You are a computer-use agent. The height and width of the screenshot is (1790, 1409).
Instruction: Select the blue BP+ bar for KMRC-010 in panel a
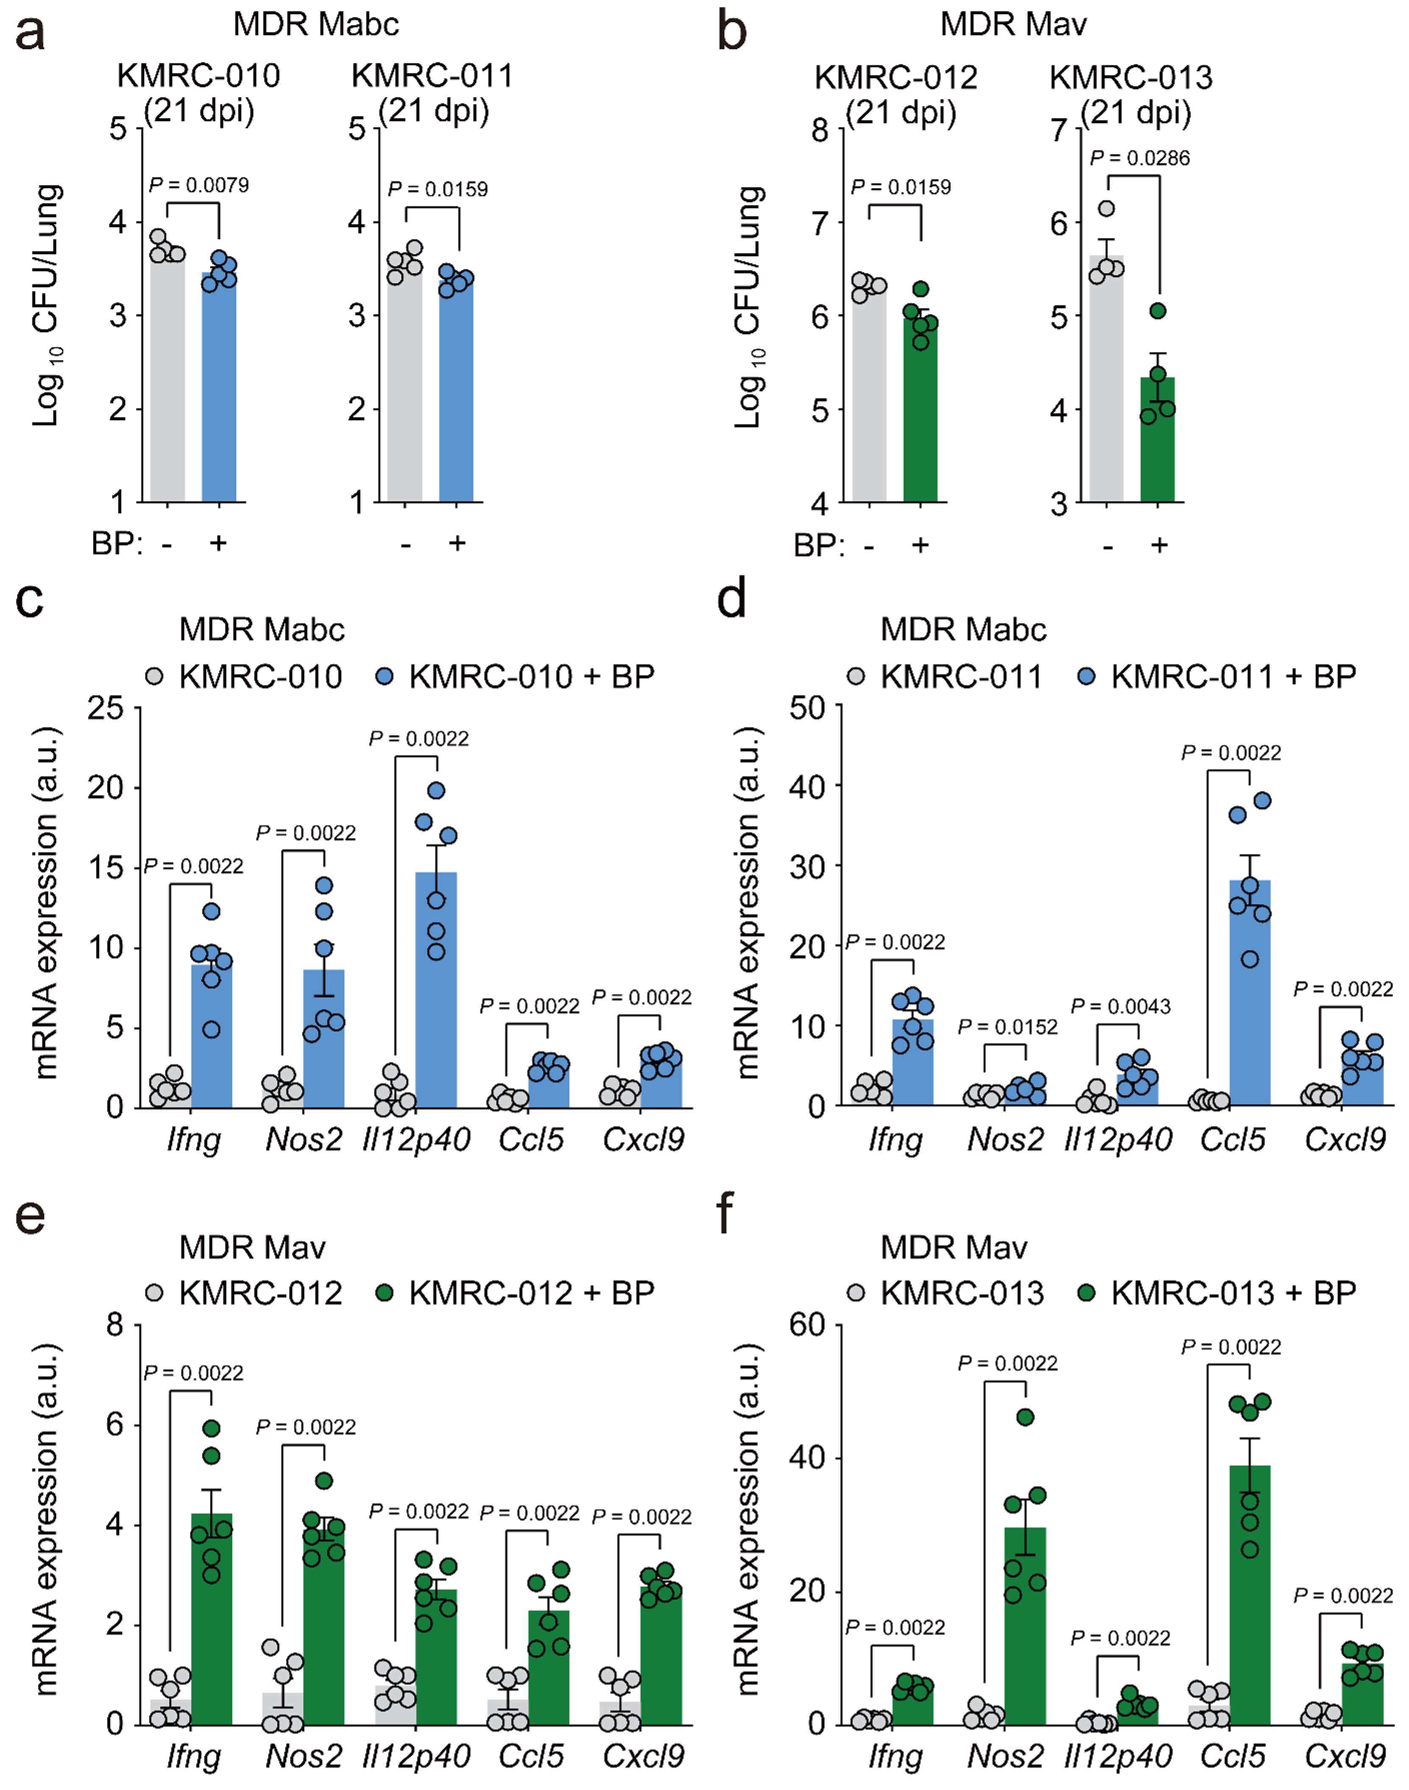219,386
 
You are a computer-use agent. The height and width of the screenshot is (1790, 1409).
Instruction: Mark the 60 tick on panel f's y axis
809,1325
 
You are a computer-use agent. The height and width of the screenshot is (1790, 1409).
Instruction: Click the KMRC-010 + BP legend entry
516,676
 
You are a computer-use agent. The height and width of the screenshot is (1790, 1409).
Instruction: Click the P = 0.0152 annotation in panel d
1007,1027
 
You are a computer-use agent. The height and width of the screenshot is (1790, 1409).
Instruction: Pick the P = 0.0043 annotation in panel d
1120,1006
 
